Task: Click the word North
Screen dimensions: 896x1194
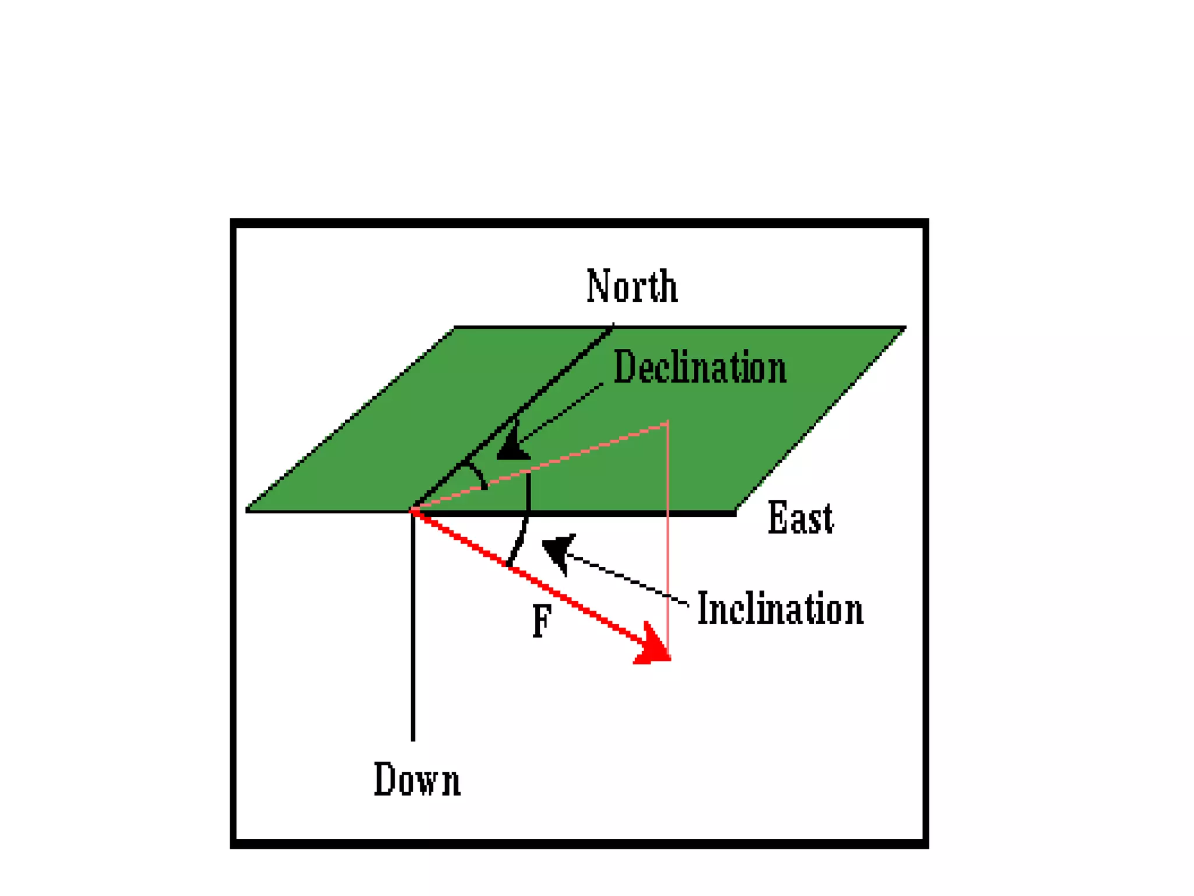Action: coord(632,286)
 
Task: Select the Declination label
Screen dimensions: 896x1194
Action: coord(700,367)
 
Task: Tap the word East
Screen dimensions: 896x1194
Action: coord(800,517)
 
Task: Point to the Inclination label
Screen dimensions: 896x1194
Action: coord(780,608)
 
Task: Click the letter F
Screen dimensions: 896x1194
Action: coord(542,621)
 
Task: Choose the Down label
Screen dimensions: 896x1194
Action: coord(417,779)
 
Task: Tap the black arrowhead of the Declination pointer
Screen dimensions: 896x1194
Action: coord(513,447)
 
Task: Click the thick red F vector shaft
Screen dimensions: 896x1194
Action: coord(525,575)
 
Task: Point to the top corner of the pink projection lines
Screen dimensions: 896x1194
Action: coord(668,423)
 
